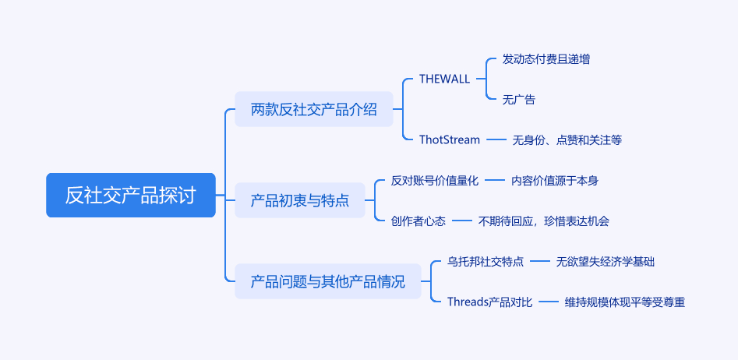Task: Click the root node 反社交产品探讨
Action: pos(130,195)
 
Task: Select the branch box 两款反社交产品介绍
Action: pos(314,109)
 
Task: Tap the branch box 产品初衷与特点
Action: pos(300,200)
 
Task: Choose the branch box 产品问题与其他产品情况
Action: pos(327,281)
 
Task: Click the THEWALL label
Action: pos(444,79)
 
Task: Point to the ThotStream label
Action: pos(450,139)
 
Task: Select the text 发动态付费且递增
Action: pos(546,59)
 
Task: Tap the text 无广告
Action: pos(519,99)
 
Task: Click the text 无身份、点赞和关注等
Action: pos(567,139)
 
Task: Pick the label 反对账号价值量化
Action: pos(434,180)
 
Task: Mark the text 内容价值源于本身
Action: pos(554,180)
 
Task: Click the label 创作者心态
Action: pos(418,221)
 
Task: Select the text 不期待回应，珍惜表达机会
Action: pos(544,221)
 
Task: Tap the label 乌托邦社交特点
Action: pos(486,262)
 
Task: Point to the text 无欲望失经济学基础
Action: pos(606,262)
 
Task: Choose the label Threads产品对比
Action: pos(490,302)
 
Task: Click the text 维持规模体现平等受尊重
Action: pos(624,302)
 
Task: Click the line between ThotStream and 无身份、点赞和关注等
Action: pos(496,139)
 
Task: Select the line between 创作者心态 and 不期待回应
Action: pos(461,221)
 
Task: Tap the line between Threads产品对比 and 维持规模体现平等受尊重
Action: pos(549,302)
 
